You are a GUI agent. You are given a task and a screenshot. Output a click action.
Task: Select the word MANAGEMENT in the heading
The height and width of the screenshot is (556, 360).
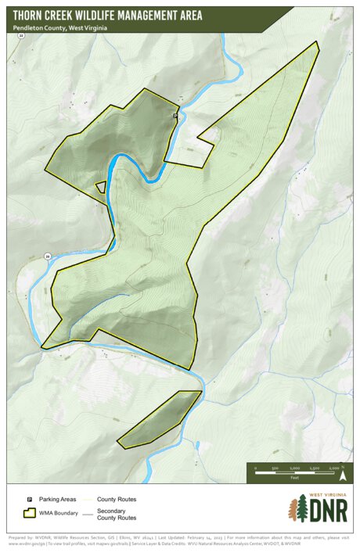[x=160, y=15]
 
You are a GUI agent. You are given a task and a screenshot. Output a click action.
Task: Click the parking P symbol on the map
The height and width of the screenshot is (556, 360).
[x=175, y=115]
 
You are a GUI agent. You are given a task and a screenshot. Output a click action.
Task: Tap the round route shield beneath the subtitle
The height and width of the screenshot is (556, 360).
[x=21, y=36]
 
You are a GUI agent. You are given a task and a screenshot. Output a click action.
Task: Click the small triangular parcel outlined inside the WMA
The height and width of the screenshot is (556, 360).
[x=101, y=186]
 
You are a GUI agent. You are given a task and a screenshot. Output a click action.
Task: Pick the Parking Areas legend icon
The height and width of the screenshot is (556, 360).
[x=30, y=498]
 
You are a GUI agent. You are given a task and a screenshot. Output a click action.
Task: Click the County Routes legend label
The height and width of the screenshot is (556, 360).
[x=117, y=498]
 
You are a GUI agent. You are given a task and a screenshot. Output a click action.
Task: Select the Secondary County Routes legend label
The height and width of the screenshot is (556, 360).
[x=117, y=515]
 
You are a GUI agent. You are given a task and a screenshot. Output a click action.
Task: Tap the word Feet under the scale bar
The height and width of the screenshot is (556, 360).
[x=295, y=476]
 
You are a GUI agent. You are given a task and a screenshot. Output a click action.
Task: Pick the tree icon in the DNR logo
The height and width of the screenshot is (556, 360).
[x=297, y=510]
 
